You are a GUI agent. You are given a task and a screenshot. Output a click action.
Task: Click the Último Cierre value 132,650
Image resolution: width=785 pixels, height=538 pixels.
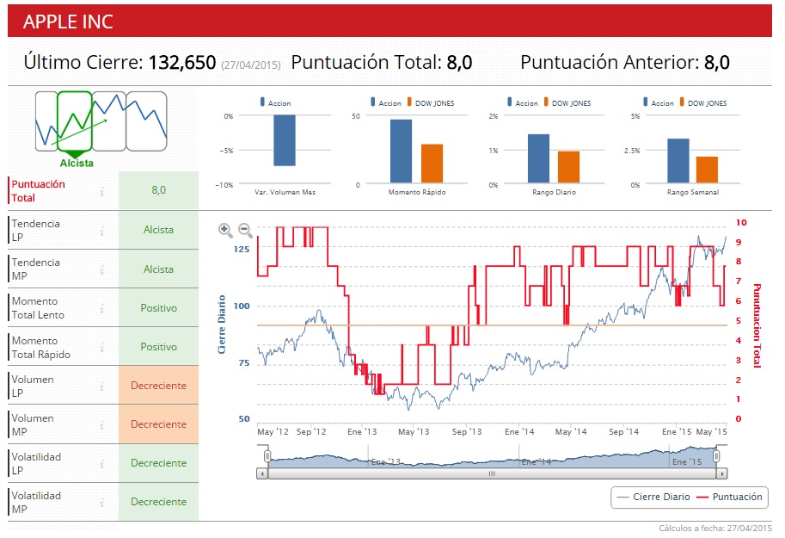click(x=181, y=62)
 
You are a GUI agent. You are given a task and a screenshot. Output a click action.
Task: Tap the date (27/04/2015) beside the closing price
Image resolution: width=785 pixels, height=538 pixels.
click(x=251, y=65)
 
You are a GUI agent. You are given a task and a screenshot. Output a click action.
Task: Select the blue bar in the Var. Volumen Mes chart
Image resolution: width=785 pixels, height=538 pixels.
click(x=285, y=140)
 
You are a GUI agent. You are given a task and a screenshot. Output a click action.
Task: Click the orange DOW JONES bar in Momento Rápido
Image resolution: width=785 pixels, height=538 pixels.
click(x=432, y=164)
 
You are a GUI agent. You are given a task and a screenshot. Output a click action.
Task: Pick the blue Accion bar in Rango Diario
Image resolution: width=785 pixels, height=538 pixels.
click(x=538, y=159)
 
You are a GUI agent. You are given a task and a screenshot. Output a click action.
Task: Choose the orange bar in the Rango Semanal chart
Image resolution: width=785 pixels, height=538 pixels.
click(x=707, y=170)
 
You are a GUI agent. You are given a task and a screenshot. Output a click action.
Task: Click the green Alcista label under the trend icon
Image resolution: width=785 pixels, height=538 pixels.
click(x=77, y=164)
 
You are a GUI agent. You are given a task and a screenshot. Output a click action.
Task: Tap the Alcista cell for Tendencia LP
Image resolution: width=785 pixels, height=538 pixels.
click(x=158, y=230)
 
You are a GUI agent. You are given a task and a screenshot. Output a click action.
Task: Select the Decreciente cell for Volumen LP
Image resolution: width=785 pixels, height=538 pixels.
click(x=158, y=386)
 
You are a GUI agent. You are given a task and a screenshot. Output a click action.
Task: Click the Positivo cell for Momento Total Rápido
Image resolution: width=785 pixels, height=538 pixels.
click(x=158, y=347)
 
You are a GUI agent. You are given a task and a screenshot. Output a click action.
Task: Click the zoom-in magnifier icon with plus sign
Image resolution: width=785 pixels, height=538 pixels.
click(x=225, y=230)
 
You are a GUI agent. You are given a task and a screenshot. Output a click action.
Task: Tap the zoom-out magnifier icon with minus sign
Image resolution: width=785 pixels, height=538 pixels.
click(x=245, y=230)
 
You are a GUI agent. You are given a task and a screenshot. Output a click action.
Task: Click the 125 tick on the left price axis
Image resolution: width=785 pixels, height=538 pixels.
click(x=241, y=250)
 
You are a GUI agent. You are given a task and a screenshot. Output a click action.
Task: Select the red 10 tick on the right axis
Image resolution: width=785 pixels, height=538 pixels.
click(x=741, y=223)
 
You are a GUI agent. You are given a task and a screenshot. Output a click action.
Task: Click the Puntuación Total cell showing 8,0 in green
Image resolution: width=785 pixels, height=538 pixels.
click(x=158, y=190)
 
